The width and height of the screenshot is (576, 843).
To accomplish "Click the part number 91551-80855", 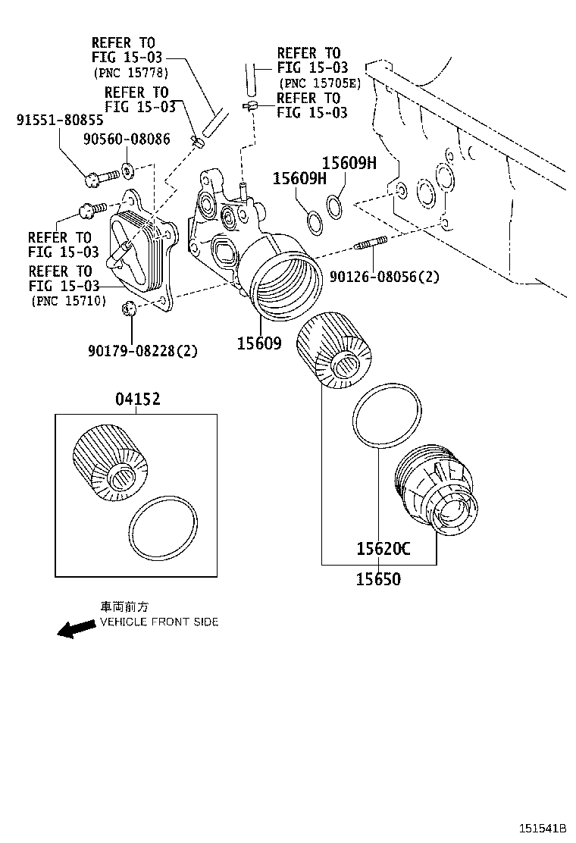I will coord(60,120).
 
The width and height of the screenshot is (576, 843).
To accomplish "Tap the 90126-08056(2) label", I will coord(384,277).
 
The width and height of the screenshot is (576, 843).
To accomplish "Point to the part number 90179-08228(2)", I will coord(142,351).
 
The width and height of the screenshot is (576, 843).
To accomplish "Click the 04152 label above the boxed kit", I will coord(138,400).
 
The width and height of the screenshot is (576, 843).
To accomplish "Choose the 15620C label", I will coord(383,549).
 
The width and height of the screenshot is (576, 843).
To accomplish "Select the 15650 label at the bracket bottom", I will coord(378,580).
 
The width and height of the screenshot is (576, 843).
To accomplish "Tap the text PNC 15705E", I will coord(320,83).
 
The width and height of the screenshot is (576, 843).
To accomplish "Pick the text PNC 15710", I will coord(67,301).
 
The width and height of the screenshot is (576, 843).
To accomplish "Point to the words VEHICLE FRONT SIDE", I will coord(159,622).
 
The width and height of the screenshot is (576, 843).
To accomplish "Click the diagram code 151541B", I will coord(543,829).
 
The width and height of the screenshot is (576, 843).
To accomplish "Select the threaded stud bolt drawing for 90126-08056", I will coord(371,244).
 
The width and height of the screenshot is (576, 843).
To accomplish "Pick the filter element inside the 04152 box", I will coord(109,465).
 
